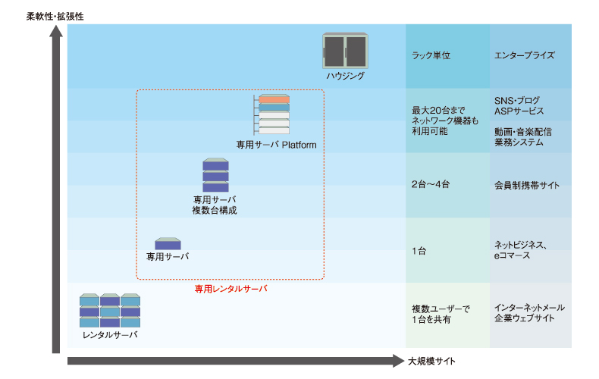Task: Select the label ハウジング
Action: point(345,77)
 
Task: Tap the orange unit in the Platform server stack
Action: point(274,99)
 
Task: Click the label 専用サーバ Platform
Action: point(275,146)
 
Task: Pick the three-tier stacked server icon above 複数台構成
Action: point(215,176)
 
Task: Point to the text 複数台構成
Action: point(215,210)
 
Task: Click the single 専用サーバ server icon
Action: point(168,243)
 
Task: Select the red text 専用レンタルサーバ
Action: point(231,289)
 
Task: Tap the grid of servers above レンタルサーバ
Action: point(110,310)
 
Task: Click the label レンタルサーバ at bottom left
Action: point(110,334)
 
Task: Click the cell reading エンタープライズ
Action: point(525,56)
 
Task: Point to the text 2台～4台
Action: point(430,185)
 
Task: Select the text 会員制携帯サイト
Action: point(527,185)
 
